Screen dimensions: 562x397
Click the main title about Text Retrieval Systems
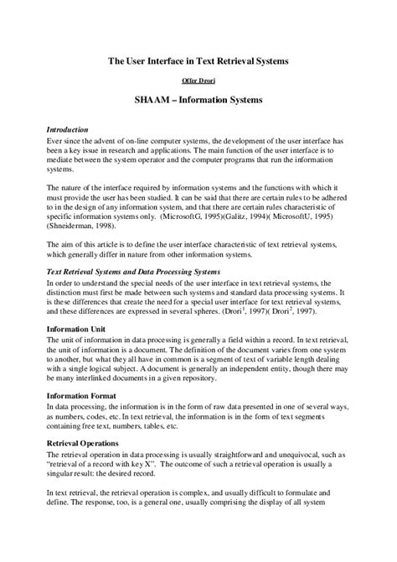198,60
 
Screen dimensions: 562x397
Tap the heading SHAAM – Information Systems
198,100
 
